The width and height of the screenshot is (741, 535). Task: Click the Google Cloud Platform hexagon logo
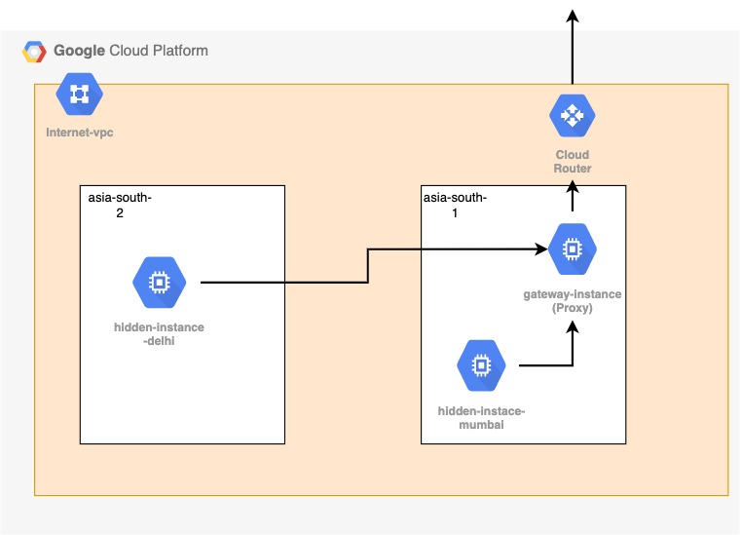coord(35,52)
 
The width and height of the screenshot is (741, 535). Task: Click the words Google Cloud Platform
coord(130,51)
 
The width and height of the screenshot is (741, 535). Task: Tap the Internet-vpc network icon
coord(79,94)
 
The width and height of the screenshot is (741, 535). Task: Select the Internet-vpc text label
coord(80,132)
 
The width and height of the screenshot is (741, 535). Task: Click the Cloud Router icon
coord(572,115)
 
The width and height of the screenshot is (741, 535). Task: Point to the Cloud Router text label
coord(572,162)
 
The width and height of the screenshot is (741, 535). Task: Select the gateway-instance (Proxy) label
coord(572,300)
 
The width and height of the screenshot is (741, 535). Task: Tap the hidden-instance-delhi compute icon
coord(156,283)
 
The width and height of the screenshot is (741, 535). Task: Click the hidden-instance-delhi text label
coord(159,334)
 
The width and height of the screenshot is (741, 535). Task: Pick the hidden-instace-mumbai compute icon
coord(480,365)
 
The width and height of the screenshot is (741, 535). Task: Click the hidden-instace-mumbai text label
coord(481,418)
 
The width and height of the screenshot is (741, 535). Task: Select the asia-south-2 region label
coord(120,206)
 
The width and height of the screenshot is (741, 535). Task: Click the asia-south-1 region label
coord(455,206)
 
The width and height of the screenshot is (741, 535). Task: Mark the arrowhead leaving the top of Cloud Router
coord(572,16)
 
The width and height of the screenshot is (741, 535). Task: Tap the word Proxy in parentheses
coord(572,308)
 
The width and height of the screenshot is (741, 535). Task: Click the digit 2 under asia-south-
coord(120,213)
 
